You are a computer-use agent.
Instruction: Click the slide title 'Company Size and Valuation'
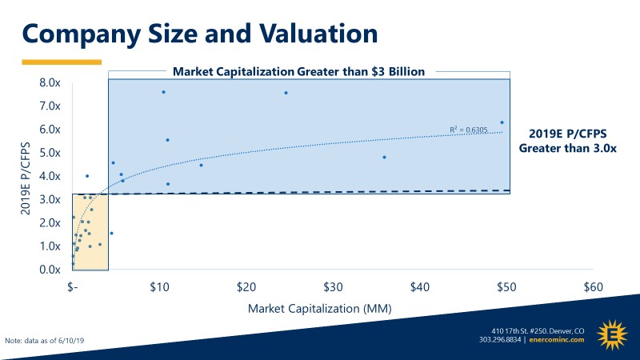pos(199,33)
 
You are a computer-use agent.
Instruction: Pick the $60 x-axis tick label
pos(593,287)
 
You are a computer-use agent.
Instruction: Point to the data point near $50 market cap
pos(502,122)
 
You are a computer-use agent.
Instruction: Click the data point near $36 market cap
pos(384,157)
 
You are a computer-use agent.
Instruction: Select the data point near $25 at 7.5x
pos(286,93)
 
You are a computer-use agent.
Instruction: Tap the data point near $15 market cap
pos(201,165)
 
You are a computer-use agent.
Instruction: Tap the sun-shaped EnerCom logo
pos(613,334)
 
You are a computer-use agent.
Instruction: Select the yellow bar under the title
pos(61,61)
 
